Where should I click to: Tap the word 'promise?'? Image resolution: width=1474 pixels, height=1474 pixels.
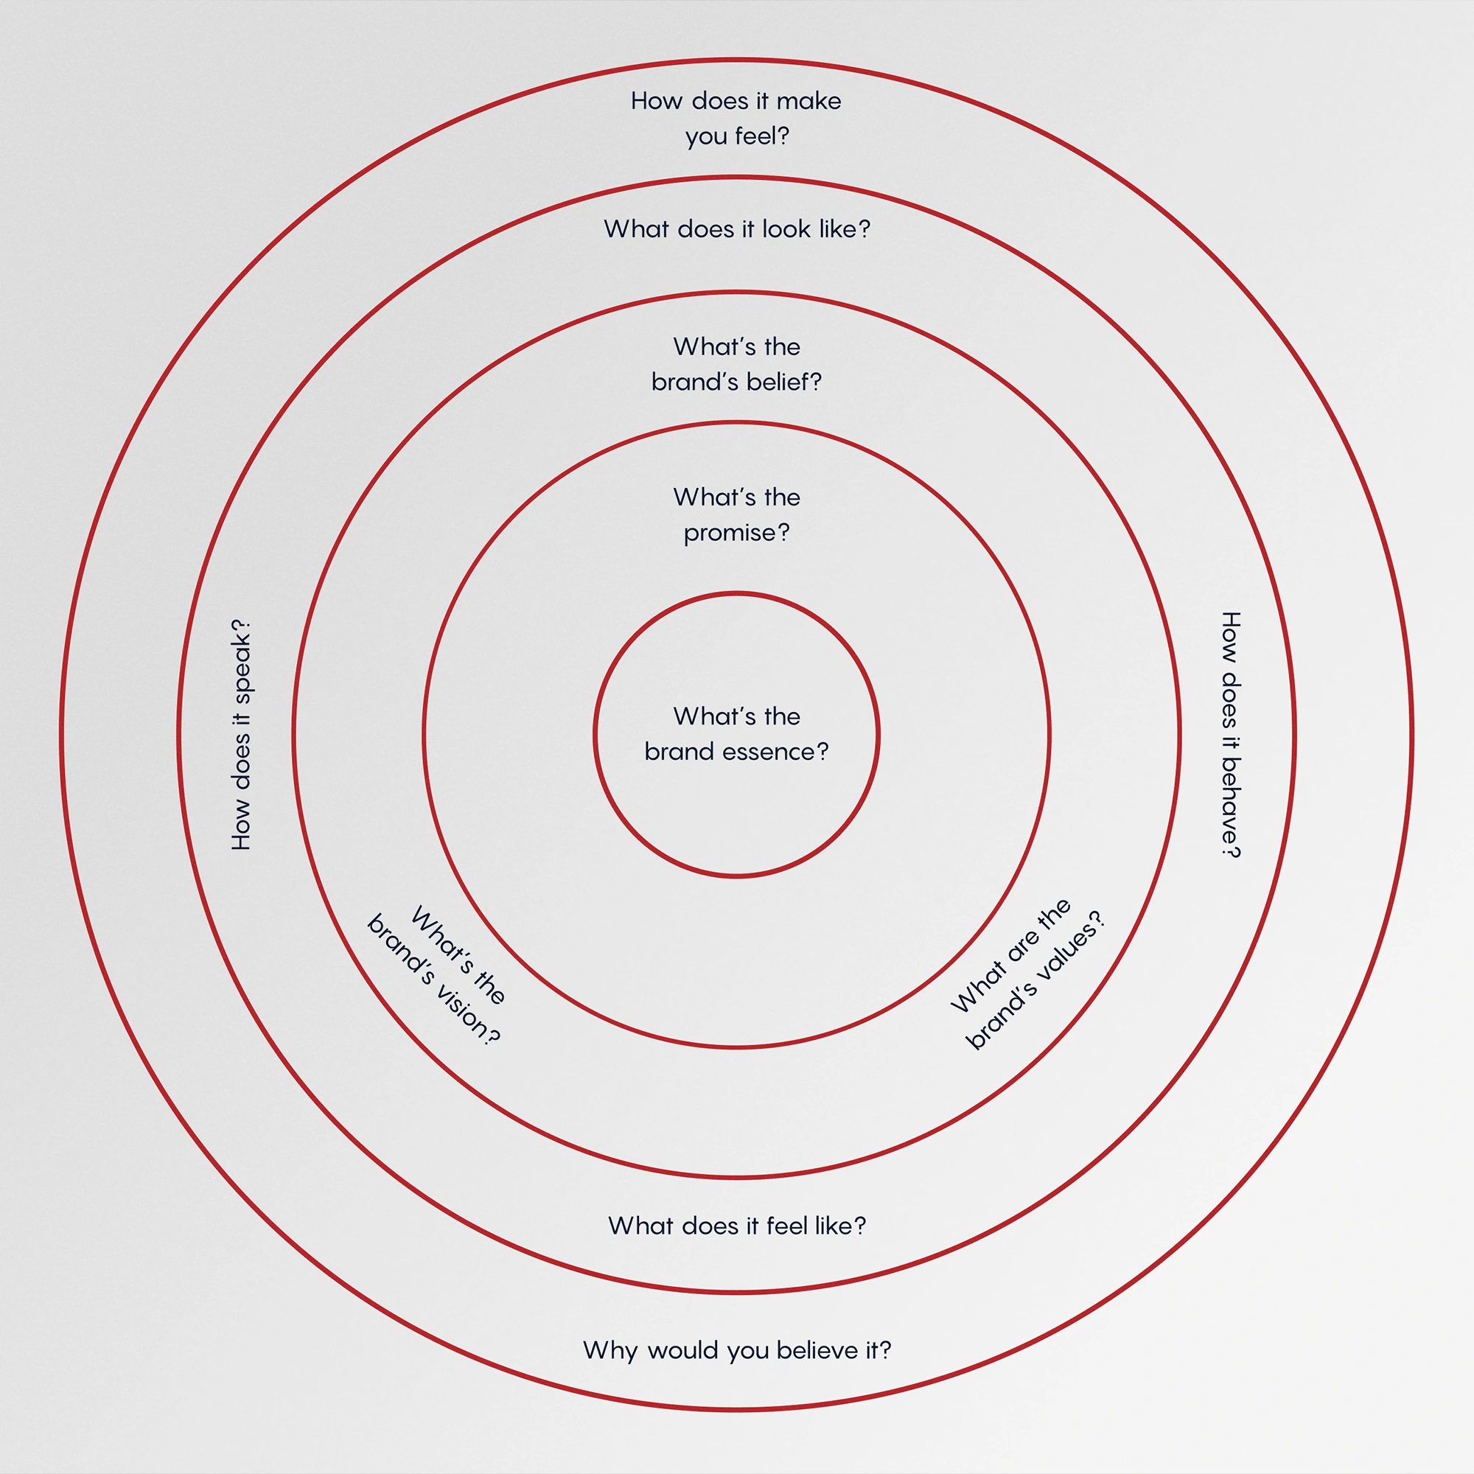736,534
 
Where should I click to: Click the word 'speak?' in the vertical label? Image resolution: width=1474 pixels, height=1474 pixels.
241,662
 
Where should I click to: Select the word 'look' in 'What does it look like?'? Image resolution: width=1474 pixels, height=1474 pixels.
786,229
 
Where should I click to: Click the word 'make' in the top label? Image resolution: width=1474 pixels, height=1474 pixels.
808,101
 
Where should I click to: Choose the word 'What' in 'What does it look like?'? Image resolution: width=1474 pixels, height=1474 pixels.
632,229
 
